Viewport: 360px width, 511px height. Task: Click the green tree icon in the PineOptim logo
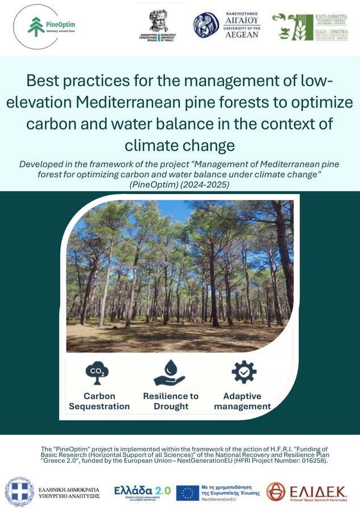pos(36,26)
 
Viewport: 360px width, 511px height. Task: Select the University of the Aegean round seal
pos(206,26)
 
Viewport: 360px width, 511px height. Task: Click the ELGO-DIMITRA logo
pos(309,27)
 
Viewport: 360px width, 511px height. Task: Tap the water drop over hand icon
pos(170,372)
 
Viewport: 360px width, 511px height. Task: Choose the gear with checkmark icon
pos(243,371)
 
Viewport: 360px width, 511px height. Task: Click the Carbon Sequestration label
pos(99,401)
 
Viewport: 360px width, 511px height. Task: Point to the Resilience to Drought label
pos(171,401)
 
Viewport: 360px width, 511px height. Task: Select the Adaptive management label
pos(242,401)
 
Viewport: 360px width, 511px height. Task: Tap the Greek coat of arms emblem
pos(20,492)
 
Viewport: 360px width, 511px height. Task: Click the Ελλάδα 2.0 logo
pos(142,491)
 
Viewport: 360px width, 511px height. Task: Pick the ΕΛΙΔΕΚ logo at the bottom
pos(307,492)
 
